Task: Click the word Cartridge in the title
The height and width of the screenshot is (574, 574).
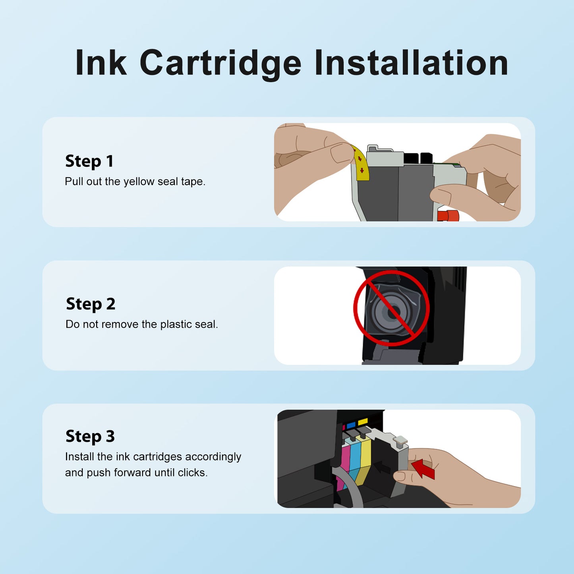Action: tap(220, 64)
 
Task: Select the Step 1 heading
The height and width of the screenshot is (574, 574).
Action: tap(89, 161)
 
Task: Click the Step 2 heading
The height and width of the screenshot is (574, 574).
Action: tap(91, 304)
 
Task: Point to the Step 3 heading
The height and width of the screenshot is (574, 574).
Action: tap(90, 437)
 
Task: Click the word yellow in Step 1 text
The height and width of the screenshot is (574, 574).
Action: tap(139, 182)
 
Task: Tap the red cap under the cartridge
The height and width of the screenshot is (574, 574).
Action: tap(448, 216)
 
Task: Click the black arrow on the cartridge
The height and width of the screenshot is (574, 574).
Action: tap(383, 467)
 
